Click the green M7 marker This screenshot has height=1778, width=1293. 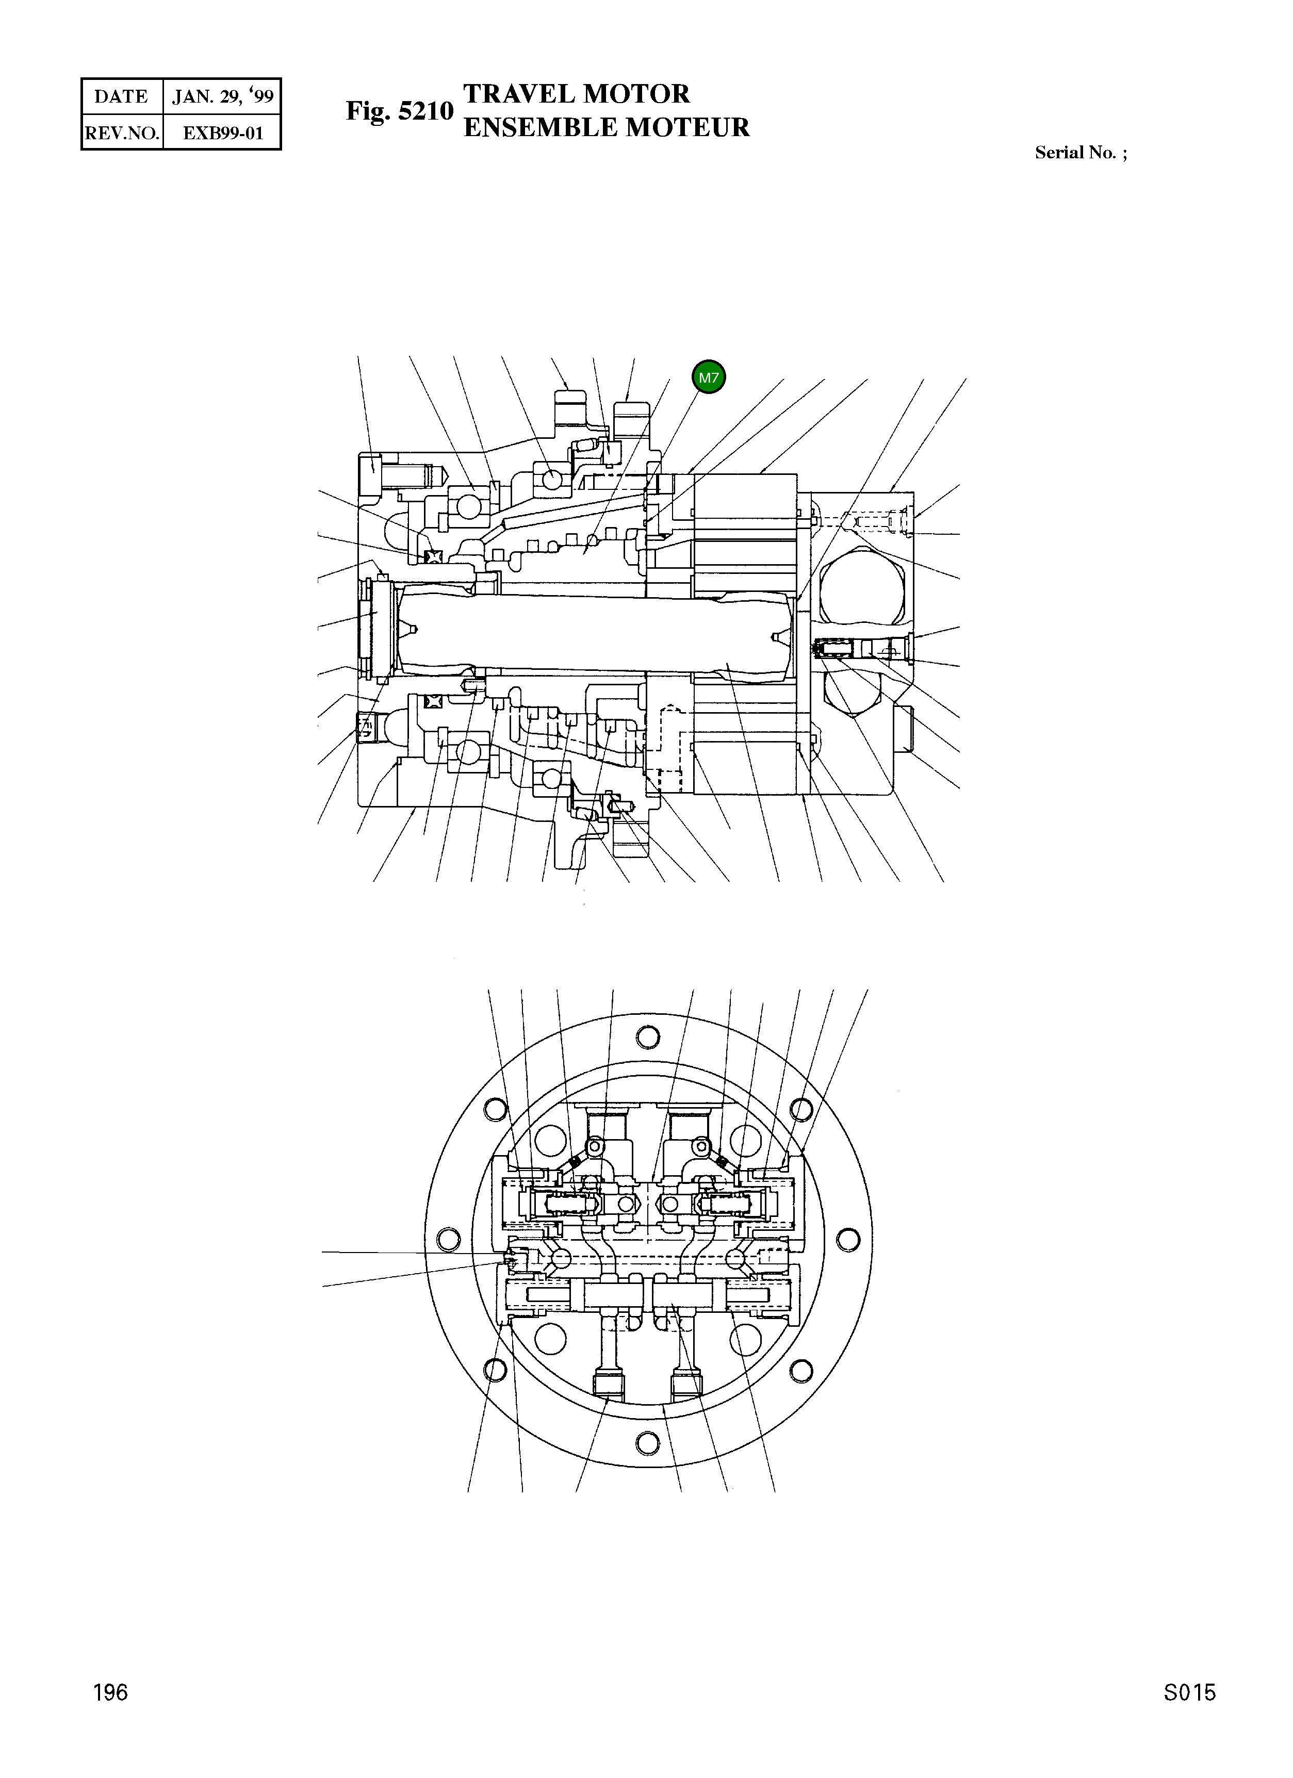[x=708, y=377]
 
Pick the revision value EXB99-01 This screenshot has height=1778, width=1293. [x=223, y=133]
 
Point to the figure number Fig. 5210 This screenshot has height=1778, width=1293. [x=400, y=111]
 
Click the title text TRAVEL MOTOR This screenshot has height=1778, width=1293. [x=576, y=94]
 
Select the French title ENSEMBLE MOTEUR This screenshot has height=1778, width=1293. [x=606, y=127]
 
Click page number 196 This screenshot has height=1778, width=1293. [x=110, y=1692]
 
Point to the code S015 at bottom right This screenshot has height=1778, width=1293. [x=1189, y=1692]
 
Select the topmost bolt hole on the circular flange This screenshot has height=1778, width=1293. [x=648, y=1037]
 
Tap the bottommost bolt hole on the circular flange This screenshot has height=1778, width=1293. [x=648, y=1442]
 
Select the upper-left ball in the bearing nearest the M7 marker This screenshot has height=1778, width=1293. [x=552, y=479]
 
